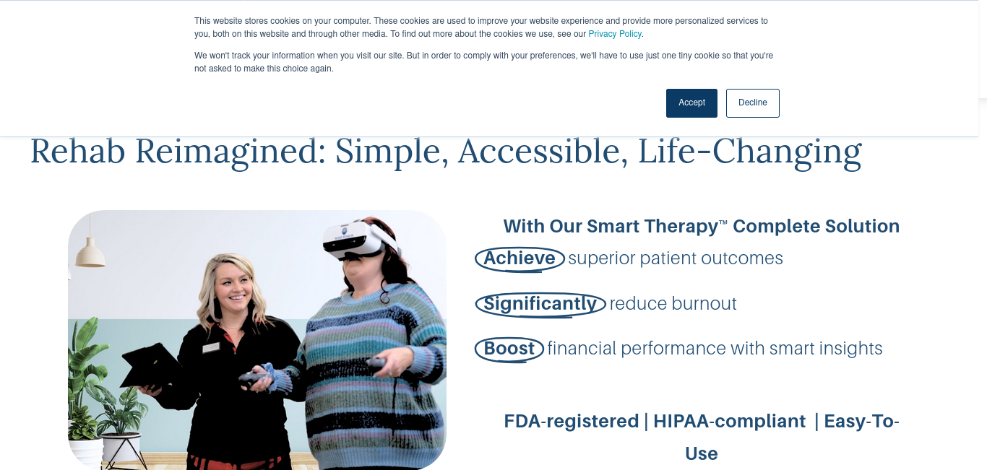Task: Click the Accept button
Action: (691, 103)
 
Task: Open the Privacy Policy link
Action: (615, 34)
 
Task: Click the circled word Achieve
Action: (520, 258)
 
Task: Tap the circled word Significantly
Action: (540, 304)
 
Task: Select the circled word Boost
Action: (509, 349)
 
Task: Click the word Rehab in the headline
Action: (77, 152)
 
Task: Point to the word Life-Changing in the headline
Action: (749, 152)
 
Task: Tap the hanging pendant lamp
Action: (90, 253)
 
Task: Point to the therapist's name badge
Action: (211, 348)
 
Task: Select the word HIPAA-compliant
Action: (729, 421)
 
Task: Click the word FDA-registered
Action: (571, 421)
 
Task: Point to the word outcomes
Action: (742, 258)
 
